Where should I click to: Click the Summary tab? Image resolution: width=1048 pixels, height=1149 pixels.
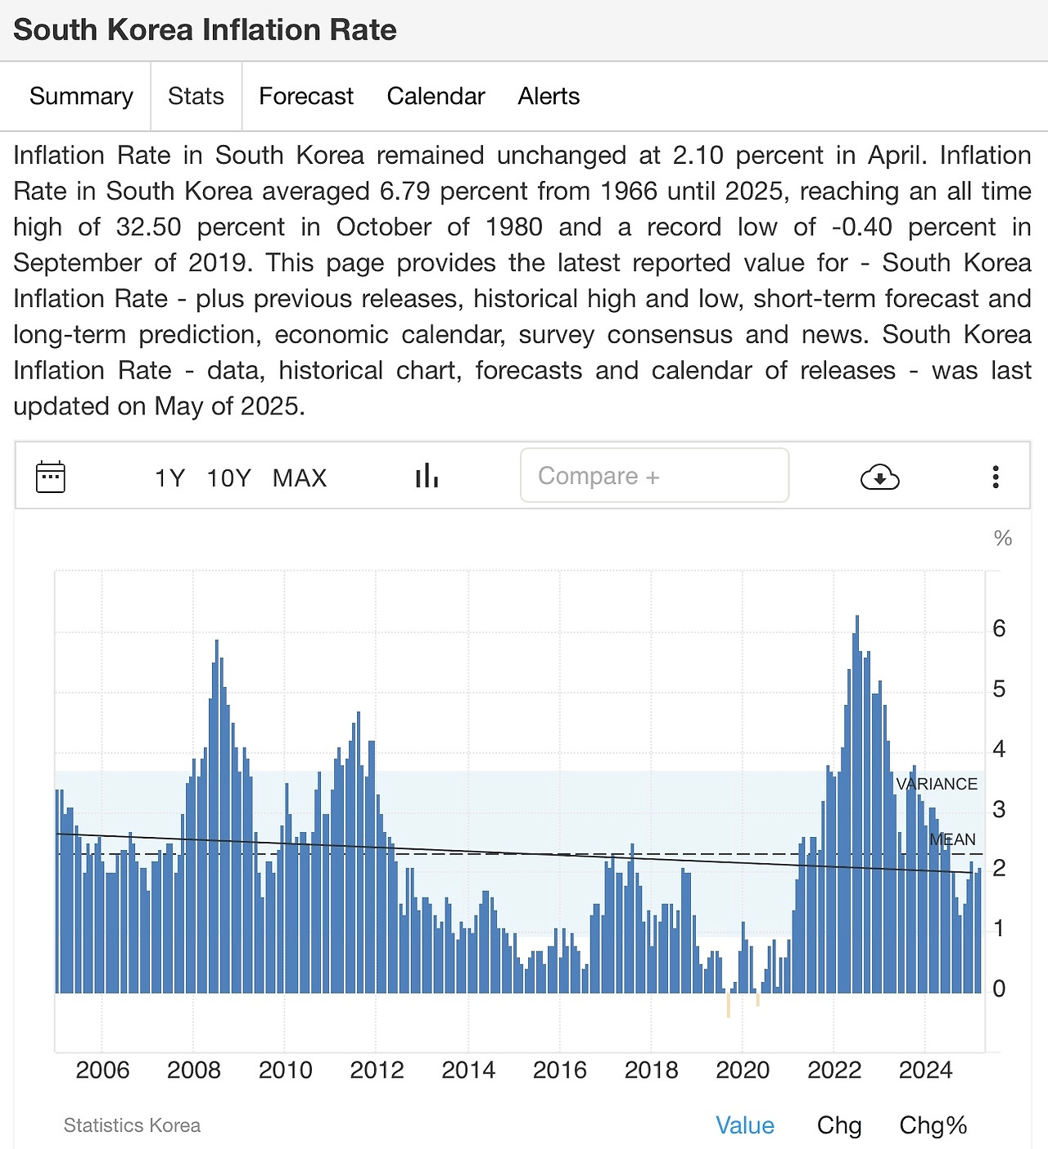click(x=81, y=97)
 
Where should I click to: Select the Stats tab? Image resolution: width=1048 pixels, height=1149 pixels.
click(x=196, y=97)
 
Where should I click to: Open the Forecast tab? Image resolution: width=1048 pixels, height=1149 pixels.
click(x=306, y=97)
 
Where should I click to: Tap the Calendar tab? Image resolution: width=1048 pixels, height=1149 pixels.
click(x=436, y=97)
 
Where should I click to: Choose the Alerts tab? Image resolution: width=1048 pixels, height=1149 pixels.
click(x=549, y=97)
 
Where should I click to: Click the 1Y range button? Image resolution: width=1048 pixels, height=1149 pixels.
click(x=170, y=477)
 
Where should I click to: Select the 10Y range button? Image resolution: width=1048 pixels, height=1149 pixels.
click(x=228, y=477)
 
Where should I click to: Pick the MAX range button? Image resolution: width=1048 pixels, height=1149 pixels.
click(x=300, y=477)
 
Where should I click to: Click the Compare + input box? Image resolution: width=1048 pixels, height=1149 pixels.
click(x=654, y=476)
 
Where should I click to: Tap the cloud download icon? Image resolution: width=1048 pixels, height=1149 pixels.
click(x=880, y=477)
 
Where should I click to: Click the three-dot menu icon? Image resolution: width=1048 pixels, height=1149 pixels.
click(x=996, y=477)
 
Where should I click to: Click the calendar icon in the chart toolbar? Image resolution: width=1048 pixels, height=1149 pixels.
click(x=51, y=477)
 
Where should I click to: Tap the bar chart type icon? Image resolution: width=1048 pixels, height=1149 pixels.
click(x=427, y=476)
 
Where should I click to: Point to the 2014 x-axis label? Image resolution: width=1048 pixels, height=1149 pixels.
click(x=468, y=1070)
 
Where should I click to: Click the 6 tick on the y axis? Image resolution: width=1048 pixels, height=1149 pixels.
click(x=999, y=629)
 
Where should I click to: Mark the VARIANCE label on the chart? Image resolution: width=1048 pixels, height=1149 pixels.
click(x=937, y=784)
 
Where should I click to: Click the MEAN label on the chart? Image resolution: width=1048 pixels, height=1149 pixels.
click(x=952, y=839)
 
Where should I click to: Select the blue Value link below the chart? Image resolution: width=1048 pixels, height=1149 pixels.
click(x=744, y=1125)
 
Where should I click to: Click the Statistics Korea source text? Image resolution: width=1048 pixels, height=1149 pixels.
click(x=132, y=1125)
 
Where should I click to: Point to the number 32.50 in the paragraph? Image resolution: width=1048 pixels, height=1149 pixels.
click(x=148, y=227)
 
